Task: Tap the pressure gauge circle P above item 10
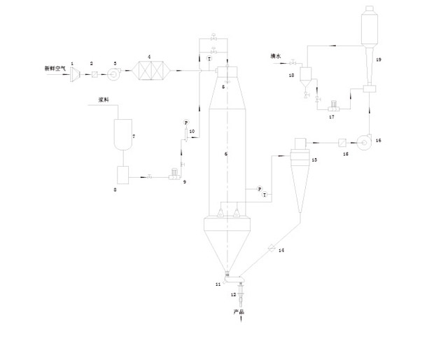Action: [186, 122]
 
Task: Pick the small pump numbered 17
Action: [334, 107]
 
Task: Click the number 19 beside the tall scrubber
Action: [378, 62]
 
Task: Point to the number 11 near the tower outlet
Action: [218, 284]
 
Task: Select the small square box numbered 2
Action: [94, 71]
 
